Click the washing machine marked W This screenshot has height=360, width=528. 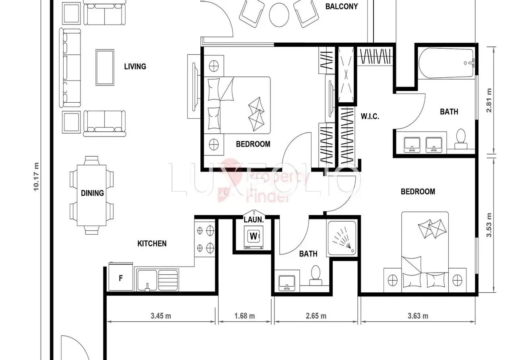coord(254,237)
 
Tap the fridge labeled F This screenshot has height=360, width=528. coord(121,277)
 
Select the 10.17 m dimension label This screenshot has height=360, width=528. coord(36,177)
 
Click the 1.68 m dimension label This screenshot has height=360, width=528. coord(245,316)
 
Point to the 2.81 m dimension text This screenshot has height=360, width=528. coord(489,101)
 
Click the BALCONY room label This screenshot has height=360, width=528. coord(342,6)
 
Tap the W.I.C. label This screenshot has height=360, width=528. coord(370,116)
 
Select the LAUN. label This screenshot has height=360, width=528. coord(254,220)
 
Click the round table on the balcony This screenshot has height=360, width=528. coord(279,15)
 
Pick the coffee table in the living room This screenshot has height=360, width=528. coord(105,68)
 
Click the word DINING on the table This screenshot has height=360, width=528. coord(93,193)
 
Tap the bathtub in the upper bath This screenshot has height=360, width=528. coord(446,63)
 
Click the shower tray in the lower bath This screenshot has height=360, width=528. coord(342,238)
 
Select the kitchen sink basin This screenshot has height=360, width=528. coord(147,280)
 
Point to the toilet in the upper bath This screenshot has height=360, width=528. coord(461,139)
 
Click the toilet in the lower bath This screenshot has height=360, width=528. coord(316,275)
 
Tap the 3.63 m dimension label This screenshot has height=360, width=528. coord(418,316)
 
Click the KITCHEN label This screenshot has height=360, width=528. coord(152,244)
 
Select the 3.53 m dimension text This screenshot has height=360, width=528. coord(489,225)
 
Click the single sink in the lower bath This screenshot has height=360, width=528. coord(287,283)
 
